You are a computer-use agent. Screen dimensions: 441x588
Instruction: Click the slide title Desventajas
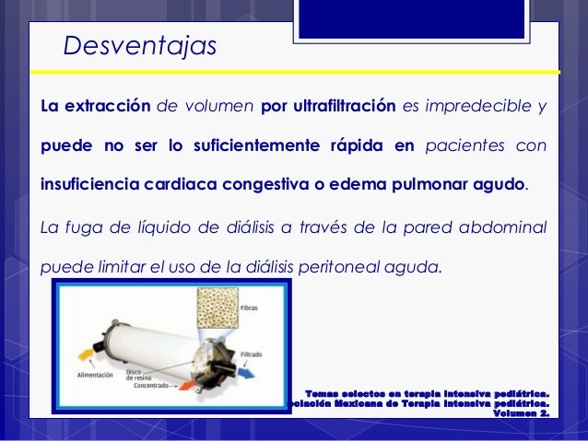139,46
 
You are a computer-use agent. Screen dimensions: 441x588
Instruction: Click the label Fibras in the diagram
249,307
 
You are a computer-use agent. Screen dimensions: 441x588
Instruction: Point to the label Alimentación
95,375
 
